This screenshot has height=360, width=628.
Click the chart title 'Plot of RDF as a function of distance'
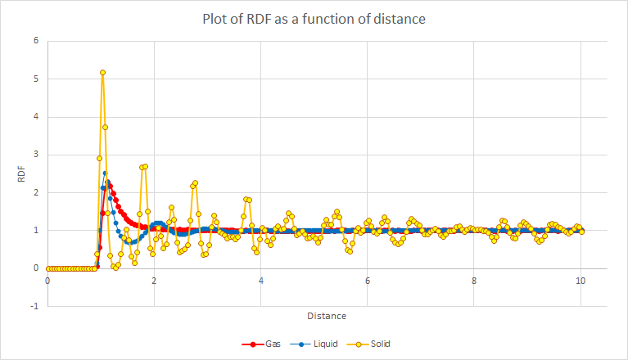pyautogui.click(x=314, y=19)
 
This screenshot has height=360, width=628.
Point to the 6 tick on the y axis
pyautogui.click(x=34, y=40)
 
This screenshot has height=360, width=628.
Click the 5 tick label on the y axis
pyautogui.click(x=34, y=79)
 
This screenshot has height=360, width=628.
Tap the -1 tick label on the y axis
pyautogui.click(x=33, y=306)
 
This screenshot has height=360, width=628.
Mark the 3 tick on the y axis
pyautogui.click(x=34, y=154)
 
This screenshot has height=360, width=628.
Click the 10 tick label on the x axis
pyautogui.click(x=581, y=281)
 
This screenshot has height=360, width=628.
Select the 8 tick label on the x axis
pyautogui.click(x=474, y=281)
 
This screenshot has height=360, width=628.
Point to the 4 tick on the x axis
pyautogui.click(x=261, y=281)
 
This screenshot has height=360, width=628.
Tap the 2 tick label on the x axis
pyautogui.click(x=154, y=281)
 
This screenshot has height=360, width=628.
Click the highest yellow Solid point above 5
pyautogui.click(x=102, y=72)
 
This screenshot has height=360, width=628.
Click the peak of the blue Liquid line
pyautogui.click(x=105, y=173)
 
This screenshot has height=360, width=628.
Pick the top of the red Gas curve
pyautogui.click(x=109, y=184)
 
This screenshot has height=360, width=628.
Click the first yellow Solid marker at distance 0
pyautogui.click(x=47, y=268)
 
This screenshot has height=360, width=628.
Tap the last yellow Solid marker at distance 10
pyautogui.click(x=581, y=232)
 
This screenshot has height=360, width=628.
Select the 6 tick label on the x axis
pyautogui.click(x=368, y=281)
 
